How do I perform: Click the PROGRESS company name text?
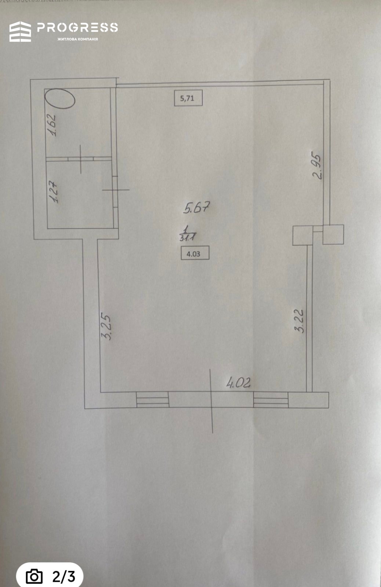(77, 28)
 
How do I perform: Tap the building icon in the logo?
(20, 32)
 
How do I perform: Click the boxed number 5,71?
(188, 98)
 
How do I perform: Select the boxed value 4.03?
(195, 253)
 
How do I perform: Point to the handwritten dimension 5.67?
(197, 208)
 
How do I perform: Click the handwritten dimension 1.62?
(51, 125)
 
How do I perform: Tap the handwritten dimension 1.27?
(54, 192)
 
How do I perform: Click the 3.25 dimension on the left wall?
(106, 327)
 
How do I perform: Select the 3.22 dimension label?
(300, 321)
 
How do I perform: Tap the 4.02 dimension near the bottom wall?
(238, 383)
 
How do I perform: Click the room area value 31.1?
(188, 238)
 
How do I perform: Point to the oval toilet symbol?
(60, 99)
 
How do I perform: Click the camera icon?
(34, 576)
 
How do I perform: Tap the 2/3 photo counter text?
(64, 577)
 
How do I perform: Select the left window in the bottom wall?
(153, 400)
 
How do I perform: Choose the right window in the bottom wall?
(271, 400)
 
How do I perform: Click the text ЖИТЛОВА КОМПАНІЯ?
(77, 39)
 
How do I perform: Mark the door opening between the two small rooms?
(80, 159)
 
